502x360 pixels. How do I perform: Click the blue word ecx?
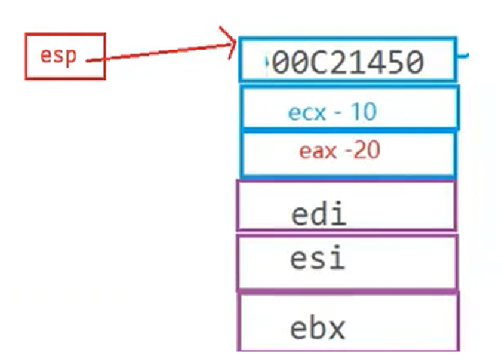[x=306, y=112]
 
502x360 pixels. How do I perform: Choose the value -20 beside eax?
[x=362, y=150]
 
